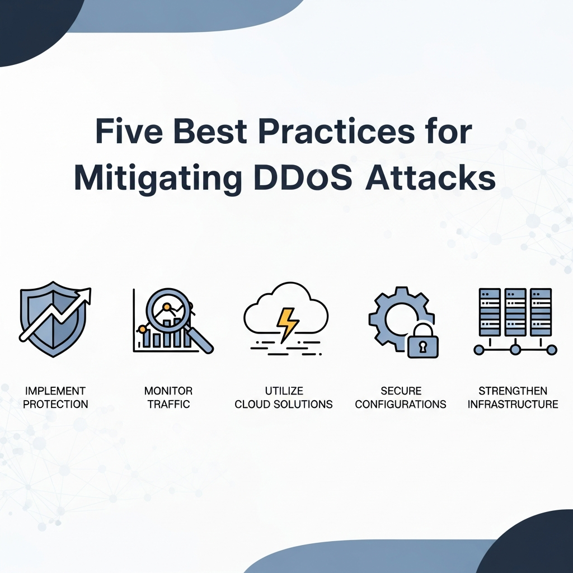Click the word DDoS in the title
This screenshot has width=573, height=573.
[x=303, y=177]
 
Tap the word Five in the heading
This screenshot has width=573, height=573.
[x=129, y=131]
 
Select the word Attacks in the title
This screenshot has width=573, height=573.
[x=430, y=177]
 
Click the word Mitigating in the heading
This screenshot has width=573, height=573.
[x=158, y=180]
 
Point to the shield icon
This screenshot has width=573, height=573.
[x=53, y=320]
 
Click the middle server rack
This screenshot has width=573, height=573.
[x=515, y=312]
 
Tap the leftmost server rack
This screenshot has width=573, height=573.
[x=490, y=312]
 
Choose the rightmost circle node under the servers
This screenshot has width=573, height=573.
[x=551, y=350]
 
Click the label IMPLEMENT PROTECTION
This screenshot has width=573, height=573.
[x=55, y=398]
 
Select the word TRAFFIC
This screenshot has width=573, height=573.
[x=168, y=404]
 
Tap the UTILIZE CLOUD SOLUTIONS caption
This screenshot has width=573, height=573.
[x=284, y=398]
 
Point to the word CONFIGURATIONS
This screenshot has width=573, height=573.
[x=401, y=404]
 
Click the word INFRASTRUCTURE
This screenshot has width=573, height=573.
[x=513, y=404]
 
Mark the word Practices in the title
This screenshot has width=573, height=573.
[x=336, y=131]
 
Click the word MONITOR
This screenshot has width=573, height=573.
[x=168, y=391]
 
